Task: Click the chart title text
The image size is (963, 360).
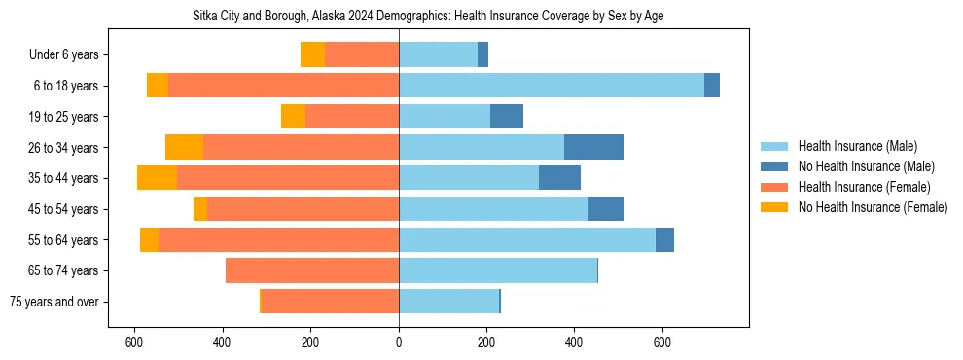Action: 428,17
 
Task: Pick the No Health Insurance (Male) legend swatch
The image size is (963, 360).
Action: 774,166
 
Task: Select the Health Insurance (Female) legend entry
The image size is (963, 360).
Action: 864,187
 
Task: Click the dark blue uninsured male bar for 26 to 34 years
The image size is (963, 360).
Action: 593,147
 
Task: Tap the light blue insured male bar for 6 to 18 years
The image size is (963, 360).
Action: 551,86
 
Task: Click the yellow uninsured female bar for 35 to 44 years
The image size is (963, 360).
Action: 157,178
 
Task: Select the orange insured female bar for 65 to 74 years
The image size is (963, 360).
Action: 312,270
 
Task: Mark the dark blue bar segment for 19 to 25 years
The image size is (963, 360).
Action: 506,117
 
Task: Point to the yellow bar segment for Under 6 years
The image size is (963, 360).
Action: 312,54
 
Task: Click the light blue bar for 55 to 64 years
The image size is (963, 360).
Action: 526,239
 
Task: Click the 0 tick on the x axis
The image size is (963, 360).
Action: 399,342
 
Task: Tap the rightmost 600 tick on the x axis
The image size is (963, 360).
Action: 661,342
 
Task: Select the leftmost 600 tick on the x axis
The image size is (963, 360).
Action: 134,342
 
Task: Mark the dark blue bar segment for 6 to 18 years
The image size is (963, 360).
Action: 711,86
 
